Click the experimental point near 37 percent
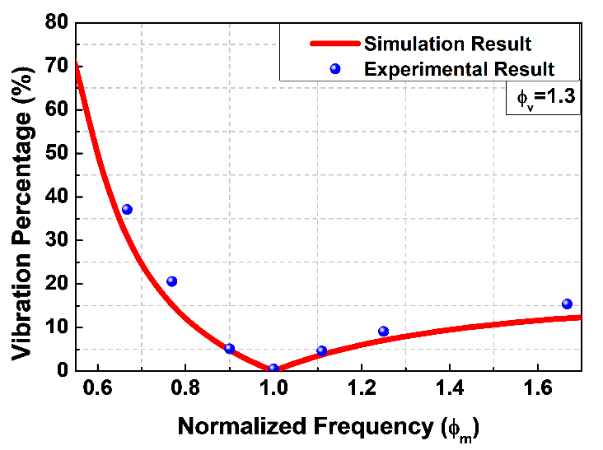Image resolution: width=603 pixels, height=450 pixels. click(x=127, y=210)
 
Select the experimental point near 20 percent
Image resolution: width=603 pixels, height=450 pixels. click(x=172, y=281)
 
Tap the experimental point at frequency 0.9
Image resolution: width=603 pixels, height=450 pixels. click(x=230, y=349)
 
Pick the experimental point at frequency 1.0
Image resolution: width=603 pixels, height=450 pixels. click(x=273, y=369)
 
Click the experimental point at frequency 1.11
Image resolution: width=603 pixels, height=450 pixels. click(x=322, y=351)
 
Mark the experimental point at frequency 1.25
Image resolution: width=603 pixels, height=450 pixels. click(x=383, y=332)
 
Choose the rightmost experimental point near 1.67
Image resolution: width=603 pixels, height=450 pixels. click(x=567, y=304)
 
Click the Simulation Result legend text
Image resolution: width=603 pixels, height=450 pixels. click(x=448, y=44)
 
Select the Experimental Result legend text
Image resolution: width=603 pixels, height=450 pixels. click(x=459, y=68)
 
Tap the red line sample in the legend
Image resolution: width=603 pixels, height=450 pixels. click(x=334, y=44)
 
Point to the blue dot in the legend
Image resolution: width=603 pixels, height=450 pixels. click(x=334, y=68)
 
